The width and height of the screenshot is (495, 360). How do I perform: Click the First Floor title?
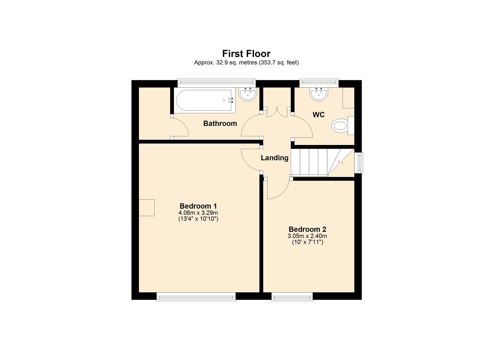246,54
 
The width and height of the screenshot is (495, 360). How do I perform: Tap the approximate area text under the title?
246,62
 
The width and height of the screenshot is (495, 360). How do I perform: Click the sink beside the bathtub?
248,94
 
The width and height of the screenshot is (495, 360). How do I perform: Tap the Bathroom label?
220,124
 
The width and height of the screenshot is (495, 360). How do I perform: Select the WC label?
318,115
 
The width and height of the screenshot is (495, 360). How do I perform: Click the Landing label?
274,158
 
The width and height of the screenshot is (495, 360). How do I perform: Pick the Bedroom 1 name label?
198,206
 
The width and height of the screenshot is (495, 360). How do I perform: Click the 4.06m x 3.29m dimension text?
198,213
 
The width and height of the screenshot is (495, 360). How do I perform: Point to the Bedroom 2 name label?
307,229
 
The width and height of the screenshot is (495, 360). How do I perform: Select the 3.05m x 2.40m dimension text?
307,236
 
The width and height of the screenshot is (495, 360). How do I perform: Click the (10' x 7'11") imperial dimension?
307,242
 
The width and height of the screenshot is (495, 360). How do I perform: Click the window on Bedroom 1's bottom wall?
196,296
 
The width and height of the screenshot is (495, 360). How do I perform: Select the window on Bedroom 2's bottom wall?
292,296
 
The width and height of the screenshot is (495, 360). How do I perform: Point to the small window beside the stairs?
359,163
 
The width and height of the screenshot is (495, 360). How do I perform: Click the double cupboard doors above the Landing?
277,112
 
